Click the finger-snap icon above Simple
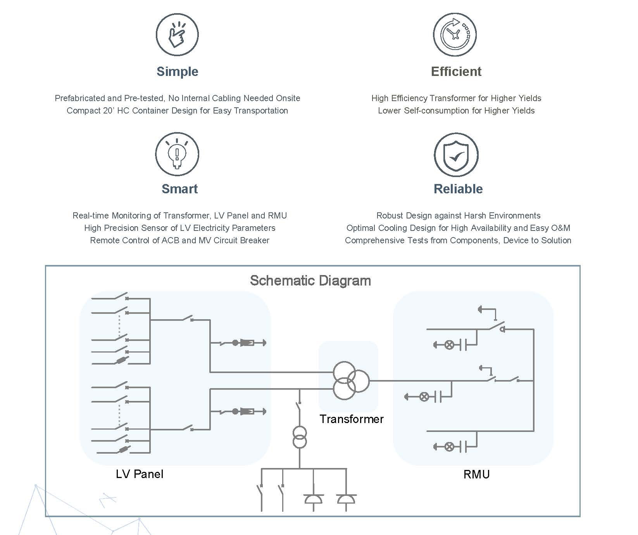click(x=177, y=34)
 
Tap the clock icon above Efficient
click(x=455, y=34)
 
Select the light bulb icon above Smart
click(x=177, y=154)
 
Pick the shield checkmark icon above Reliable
click(x=456, y=155)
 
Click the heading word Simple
click(x=178, y=72)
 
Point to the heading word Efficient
click(x=456, y=72)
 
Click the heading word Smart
click(x=179, y=189)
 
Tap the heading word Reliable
click(x=458, y=189)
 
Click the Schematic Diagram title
click(x=310, y=281)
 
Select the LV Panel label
click(x=140, y=474)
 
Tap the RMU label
click(x=476, y=475)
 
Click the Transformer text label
click(x=352, y=419)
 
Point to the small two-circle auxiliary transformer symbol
click(x=300, y=437)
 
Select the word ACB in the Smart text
click(x=171, y=241)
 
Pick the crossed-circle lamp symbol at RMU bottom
click(x=449, y=447)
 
